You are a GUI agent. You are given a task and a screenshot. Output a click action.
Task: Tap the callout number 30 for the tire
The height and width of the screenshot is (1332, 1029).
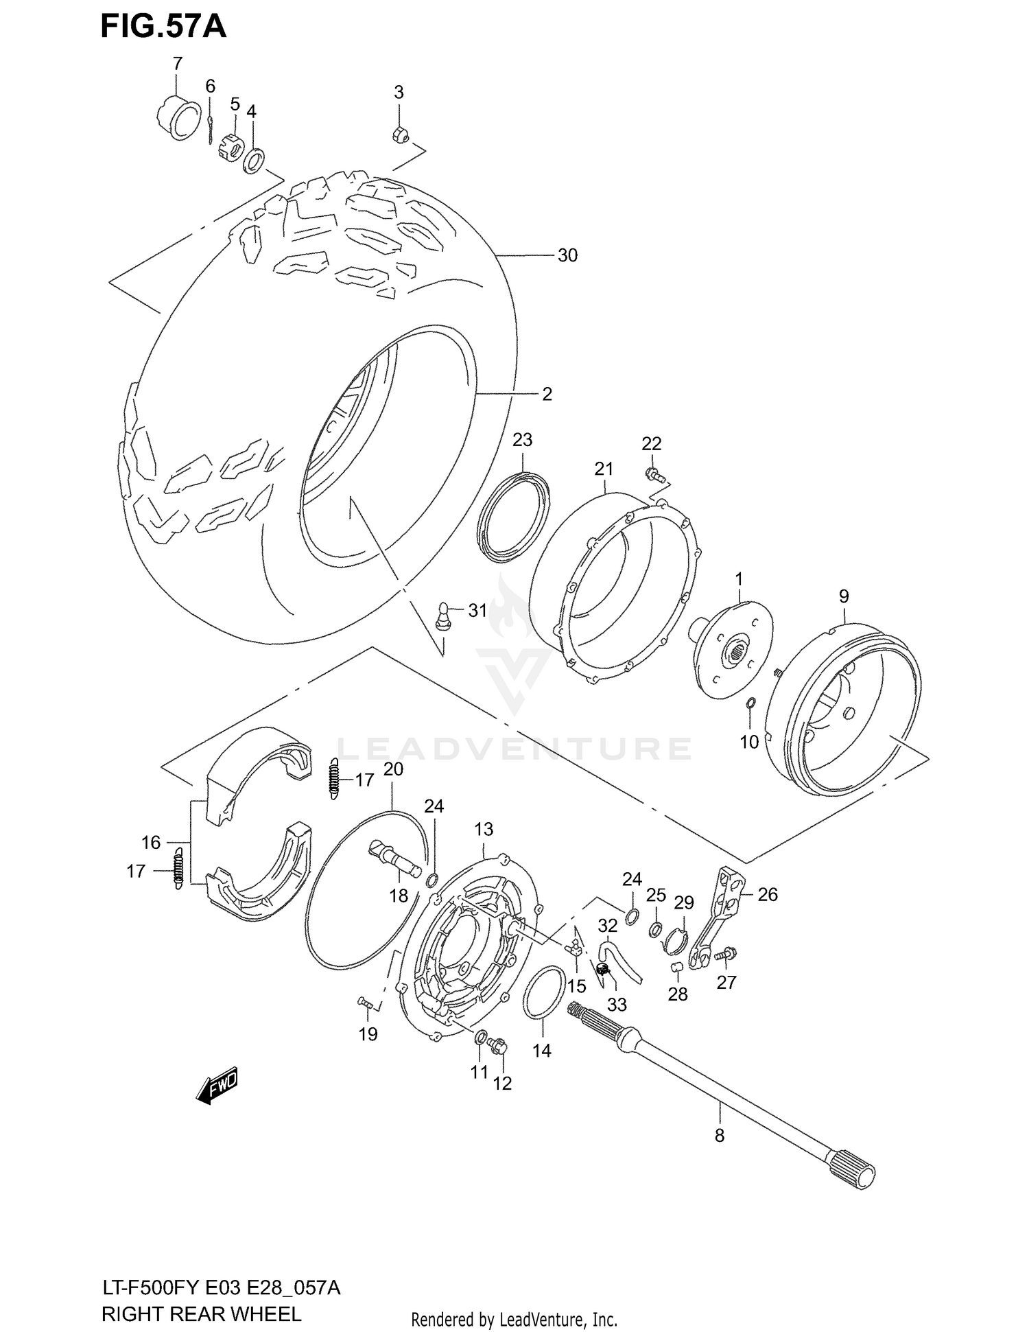[x=567, y=255]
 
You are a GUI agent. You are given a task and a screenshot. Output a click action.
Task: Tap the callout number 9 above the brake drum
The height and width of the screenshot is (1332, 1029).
[x=844, y=596]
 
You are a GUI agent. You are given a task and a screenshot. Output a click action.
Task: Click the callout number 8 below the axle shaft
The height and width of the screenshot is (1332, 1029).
[x=719, y=1136]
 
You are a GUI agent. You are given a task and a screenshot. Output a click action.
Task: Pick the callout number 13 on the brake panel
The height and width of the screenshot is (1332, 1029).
[x=484, y=830]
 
